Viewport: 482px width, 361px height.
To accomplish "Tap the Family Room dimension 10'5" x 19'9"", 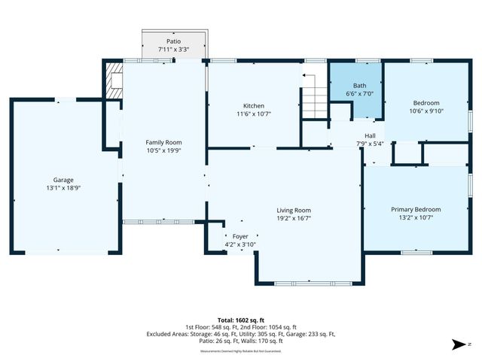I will point(163,150).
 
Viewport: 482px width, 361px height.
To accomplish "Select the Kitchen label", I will point(253,105).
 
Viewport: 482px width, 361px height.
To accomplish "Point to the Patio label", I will point(173,41).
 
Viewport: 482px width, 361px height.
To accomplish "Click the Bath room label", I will point(359,86).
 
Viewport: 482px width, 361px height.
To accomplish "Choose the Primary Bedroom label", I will point(416,209).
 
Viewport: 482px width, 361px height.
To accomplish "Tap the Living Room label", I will point(293,211).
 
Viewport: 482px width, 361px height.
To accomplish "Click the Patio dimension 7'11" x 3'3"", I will point(173,49).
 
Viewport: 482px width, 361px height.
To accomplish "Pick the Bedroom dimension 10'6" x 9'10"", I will point(426,111).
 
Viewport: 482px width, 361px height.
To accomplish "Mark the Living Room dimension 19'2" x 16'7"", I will point(293,219).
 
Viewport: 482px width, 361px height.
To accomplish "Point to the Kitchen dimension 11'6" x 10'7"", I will point(253,114).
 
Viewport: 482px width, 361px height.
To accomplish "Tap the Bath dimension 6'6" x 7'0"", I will point(359,94).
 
